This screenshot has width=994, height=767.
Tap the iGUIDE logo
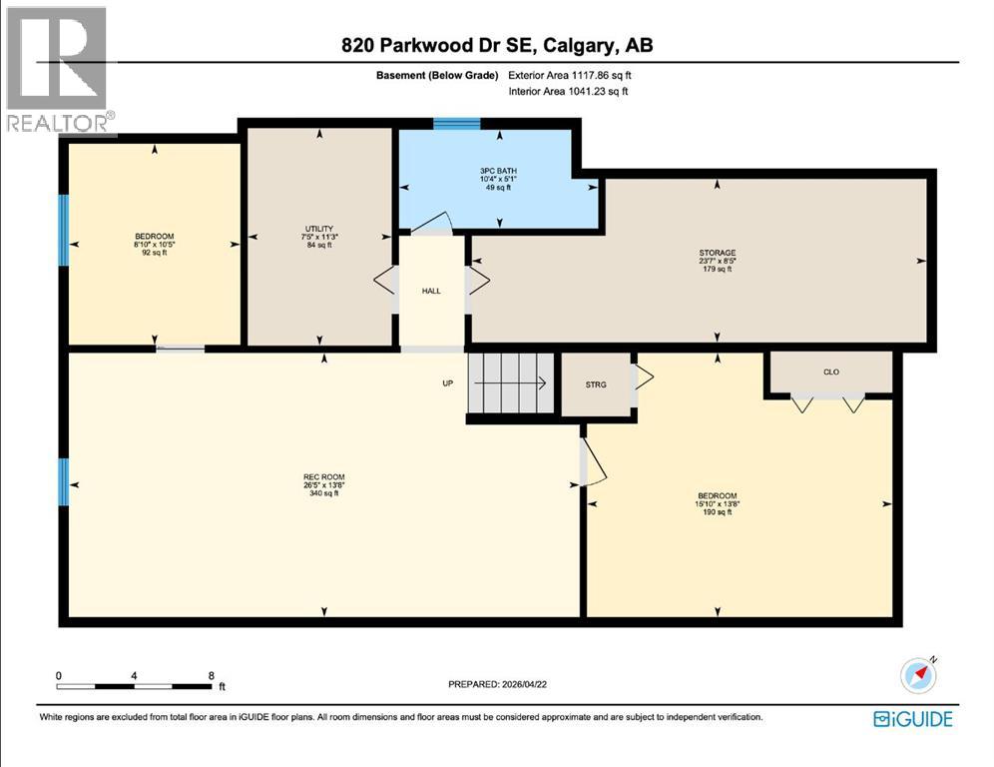(912, 718)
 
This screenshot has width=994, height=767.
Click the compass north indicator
(918, 676)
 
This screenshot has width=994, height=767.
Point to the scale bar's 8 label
(211, 675)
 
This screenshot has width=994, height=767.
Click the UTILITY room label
(319, 229)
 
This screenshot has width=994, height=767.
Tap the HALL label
(431, 291)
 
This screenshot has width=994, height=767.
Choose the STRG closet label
(596, 383)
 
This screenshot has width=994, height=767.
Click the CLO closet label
(830, 372)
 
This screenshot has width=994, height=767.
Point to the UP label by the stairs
(449, 383)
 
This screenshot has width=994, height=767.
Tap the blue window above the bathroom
(456, 124)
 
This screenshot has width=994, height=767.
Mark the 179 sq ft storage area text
(717, 269)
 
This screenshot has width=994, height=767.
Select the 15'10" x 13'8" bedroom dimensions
(717, 504)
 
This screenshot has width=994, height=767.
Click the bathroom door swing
(431, 223)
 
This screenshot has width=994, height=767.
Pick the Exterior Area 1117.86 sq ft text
(569, 75)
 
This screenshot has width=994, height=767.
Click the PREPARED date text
(497, 684)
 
